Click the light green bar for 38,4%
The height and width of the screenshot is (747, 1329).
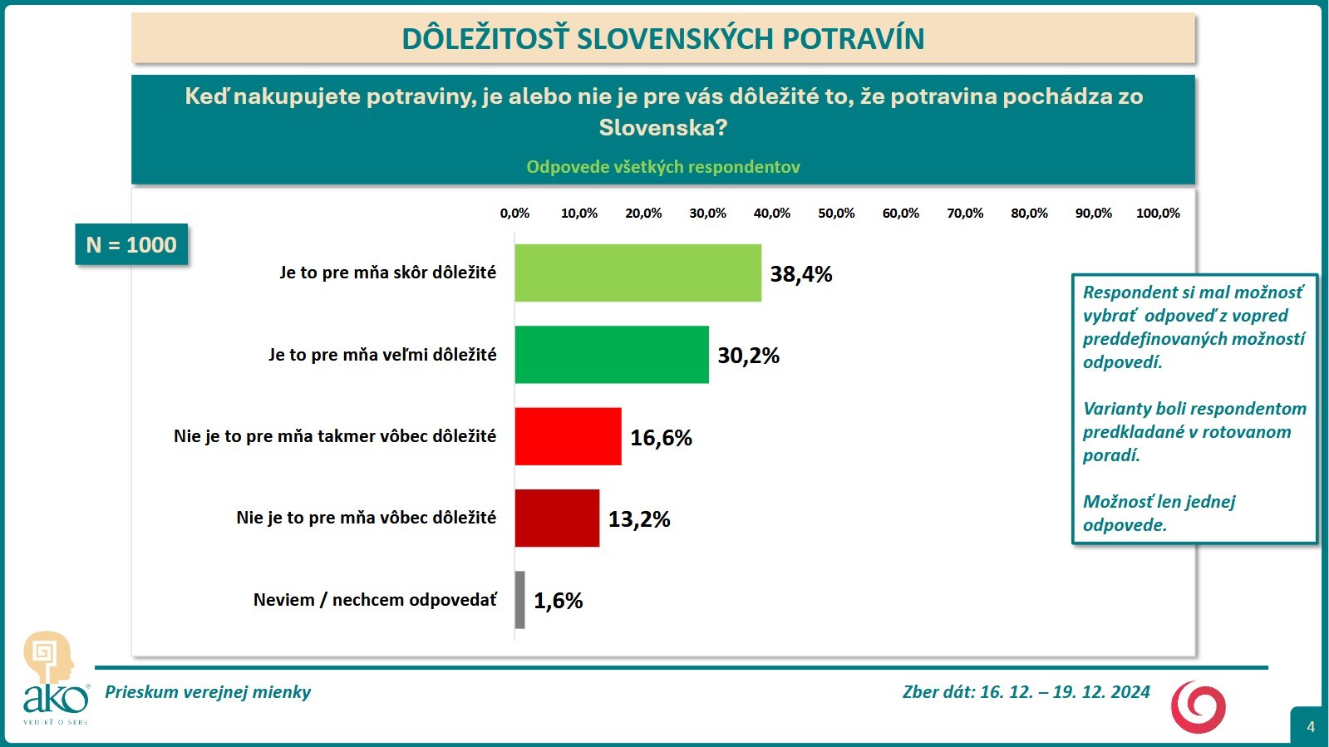[x=637, y=273]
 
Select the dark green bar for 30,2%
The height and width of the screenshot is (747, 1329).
[x=612, y=355]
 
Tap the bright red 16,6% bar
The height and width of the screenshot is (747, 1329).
[x=568, y=436]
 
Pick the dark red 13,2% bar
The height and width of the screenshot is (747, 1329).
[x=557, y=518]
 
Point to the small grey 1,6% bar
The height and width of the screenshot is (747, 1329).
[x=520, y=600]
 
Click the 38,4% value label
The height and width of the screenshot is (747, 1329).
[x=800, y=274]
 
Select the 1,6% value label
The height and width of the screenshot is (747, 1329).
[x=558, y=601]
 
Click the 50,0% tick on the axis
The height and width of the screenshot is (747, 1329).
[x=836, y=214]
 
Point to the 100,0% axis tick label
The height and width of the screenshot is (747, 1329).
[x=1158, y=214]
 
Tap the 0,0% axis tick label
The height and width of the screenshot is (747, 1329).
[x=514, y=214]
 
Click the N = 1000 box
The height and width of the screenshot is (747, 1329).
[x=131, y=245]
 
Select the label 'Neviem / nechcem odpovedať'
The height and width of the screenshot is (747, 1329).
[x=375, y=600]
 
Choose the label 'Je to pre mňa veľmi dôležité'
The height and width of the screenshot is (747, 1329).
[x=382, y=355]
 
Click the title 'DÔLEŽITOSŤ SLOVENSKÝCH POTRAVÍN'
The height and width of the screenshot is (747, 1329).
[x=662, y=39]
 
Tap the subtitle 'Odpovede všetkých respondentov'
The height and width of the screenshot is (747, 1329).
[x=662, y=167]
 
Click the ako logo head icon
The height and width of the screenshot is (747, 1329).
[x=48, y=656]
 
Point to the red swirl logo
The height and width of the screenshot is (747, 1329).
[x=1198, y=706]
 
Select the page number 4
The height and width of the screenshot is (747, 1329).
[x=1311, y=727]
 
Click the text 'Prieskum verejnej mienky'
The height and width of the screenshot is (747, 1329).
[x=208, y=692]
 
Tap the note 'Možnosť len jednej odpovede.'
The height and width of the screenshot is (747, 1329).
[x=1159, y=513]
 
